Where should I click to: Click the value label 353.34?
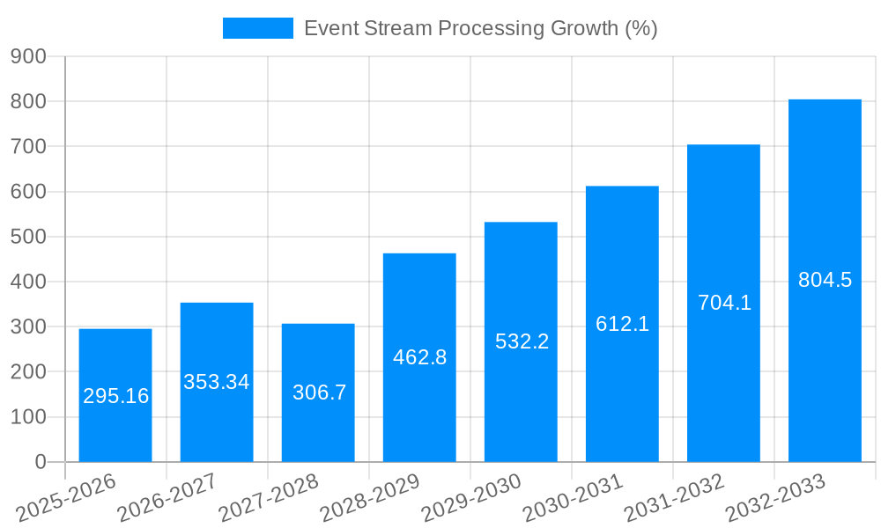[x=217, y=382]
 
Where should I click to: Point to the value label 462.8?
[x=419, y=357]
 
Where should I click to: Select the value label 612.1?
[x=622, y=324]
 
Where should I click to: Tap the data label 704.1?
[x=724, y=303]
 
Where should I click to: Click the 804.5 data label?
[x=825, y=280]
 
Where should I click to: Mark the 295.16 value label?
[x=116, y=396]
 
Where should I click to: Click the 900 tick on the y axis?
[x=28, y=56]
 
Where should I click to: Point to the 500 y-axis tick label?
[x=28, y=237]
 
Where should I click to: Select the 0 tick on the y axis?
[x=40, y=462]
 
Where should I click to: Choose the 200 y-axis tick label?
[x=28, y=372]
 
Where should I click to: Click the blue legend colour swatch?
[x=257, y=28]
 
